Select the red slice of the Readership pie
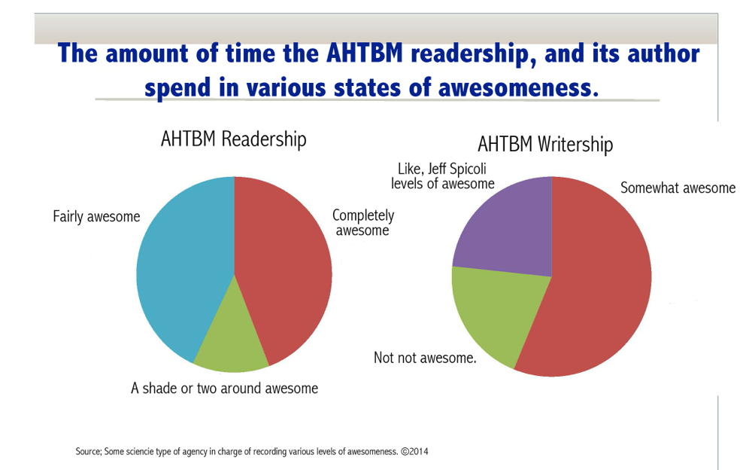pyautogui.click(x=283, y=269)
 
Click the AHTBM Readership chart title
pyautogui.click(x=234, y=139)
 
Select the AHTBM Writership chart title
pyautogui.click(x=545, y=144)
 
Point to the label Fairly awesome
pyautogui.click(x=96, y=216)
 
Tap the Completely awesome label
pyautogui.click(x=363, y=222)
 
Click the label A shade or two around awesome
pyautogui.click(x=224, y=388)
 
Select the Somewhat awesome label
pyautogui.click(x=678, y=188)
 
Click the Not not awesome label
pyautogui.click(x=425, y=358)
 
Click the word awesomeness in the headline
pyautogui.click(x=518, y=88)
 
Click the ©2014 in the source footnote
pyautogui.click(x=414, y=451)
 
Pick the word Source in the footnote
pyautogui.click(x=89, y=452)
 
